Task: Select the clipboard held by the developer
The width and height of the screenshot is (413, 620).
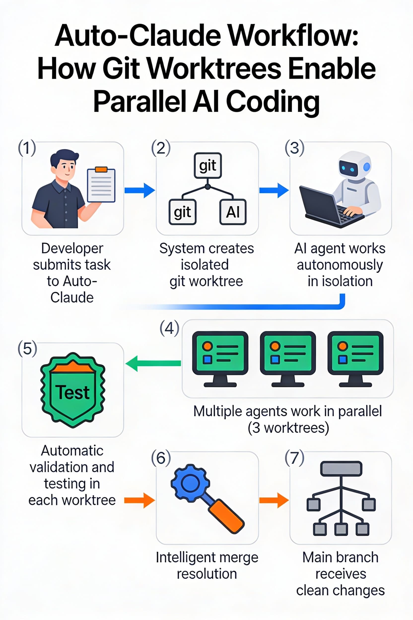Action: [101, 185]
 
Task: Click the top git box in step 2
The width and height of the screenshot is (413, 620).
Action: [207, 165]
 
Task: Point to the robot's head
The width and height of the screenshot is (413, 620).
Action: [354, 165]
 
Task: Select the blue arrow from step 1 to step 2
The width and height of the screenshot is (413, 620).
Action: [139, 190]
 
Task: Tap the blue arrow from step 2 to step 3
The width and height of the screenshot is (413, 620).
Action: [274, 190]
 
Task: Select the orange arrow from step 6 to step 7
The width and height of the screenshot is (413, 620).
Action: [274, 500]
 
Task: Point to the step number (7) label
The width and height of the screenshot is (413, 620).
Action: [294, 458]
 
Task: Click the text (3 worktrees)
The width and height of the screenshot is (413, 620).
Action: [288, 427]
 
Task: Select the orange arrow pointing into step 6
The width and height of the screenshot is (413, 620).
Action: [139, 500]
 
